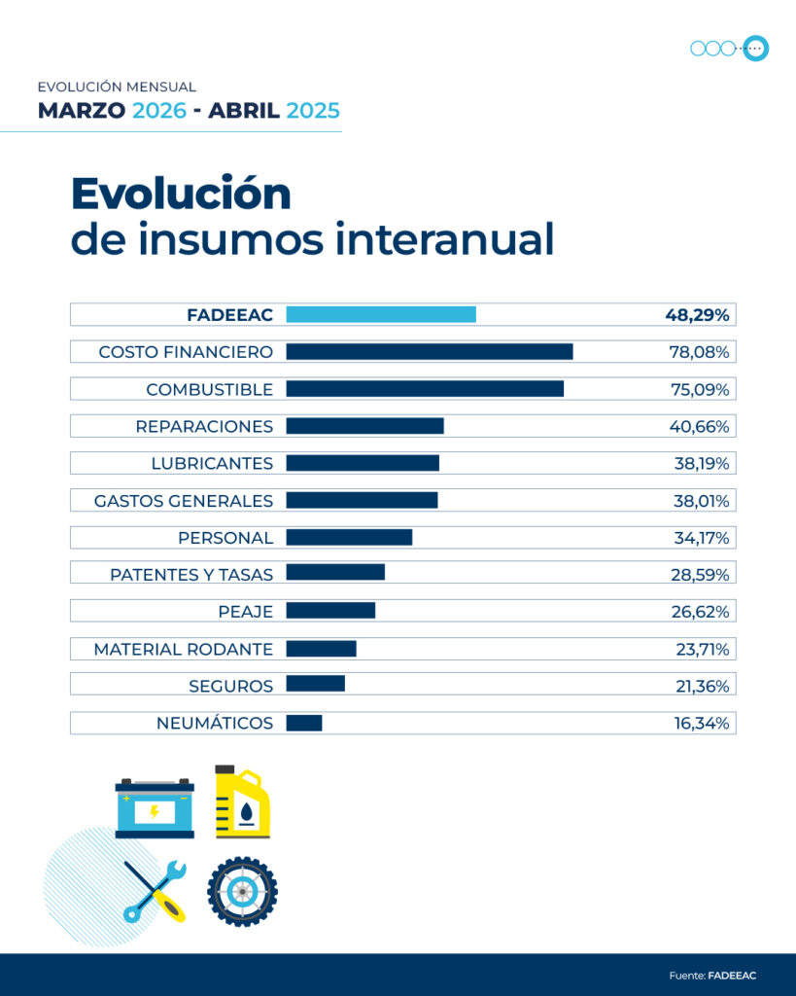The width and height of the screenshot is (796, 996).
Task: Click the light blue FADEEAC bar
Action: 380,314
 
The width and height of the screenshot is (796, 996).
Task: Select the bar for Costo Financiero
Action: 429,351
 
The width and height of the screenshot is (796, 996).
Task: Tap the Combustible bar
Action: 424,389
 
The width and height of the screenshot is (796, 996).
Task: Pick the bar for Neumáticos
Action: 303,723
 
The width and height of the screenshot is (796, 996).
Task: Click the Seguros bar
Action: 315,686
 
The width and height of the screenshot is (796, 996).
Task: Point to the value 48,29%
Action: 697,314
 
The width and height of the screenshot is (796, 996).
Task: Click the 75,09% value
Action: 699,389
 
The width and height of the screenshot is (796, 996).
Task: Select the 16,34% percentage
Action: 700,723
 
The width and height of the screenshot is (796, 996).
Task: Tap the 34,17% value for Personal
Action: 700,538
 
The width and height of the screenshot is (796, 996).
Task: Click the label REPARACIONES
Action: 204,426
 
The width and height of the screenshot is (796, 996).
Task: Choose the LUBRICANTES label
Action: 212,463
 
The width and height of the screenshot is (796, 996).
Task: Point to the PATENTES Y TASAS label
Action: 191,575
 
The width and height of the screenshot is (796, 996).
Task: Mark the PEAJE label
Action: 245,612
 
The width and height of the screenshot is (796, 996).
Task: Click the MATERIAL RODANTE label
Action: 183,649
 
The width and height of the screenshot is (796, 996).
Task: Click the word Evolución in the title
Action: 181,194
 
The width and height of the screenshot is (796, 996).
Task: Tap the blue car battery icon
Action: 155,807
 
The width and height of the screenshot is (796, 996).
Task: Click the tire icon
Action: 242,891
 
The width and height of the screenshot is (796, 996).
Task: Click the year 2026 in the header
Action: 159,110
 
